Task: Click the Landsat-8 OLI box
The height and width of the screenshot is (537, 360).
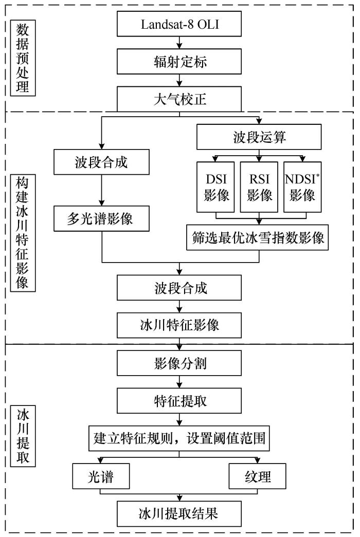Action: click(179, 24)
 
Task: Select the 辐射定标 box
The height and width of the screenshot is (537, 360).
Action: click(179, 61)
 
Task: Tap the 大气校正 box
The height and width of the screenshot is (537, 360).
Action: click(179, 99)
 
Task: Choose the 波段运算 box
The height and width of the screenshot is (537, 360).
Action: click(259, 137)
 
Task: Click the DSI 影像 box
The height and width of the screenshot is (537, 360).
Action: click(215, 187)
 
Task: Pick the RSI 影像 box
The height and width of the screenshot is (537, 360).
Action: click(259, 187)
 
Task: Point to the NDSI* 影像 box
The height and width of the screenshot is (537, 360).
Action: click(302, 187)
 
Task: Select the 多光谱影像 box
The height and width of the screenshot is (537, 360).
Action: click(101, 218)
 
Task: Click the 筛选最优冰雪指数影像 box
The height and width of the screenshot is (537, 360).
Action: click(257, 237)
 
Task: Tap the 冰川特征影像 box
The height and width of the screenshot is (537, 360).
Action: click(179, 325)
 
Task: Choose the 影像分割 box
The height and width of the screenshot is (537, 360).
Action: click(179, 363)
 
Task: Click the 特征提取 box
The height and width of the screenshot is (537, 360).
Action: click(179, 400)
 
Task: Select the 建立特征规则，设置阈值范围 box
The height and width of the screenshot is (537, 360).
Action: click(179, 438)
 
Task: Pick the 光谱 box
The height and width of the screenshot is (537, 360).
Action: click(101, 476)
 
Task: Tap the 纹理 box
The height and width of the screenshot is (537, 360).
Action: click(257, 476)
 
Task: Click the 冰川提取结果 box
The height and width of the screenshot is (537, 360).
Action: click(179, 514)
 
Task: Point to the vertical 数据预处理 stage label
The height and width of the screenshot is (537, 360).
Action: click(23, 58)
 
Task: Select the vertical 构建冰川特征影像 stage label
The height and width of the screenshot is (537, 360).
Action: click(23, 233)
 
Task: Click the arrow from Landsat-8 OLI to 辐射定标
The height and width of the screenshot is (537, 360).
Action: click(179, 43)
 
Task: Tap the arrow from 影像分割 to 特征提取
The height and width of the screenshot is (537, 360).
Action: click(179, 381)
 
